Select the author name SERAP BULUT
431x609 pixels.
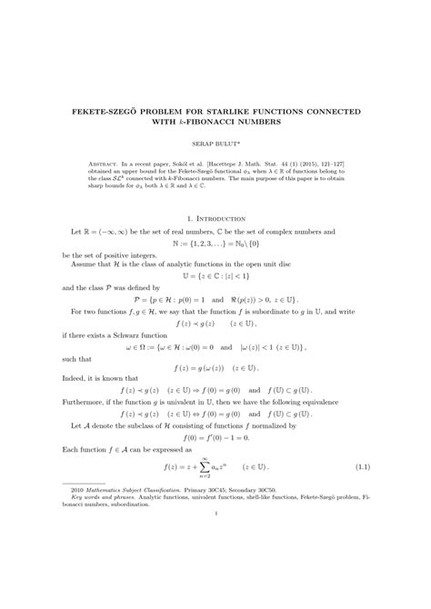215,143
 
